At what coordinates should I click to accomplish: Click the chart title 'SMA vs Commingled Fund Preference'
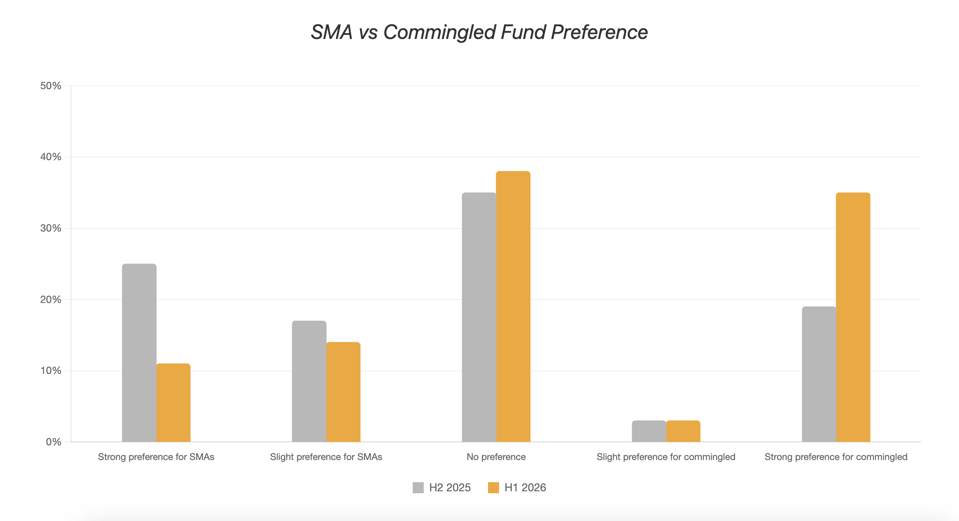pyautogui.click(x=479, y=32)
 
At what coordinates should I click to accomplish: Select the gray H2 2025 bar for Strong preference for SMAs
pyautogui.click(x=139, y=353)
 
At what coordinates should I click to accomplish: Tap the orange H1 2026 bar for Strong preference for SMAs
pyautogui.click(x=173, y=403)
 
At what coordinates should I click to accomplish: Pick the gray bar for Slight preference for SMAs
pyautogui.click(x=309, y=381)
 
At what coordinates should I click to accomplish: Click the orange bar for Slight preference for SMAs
pyautogui.click(x=343, y=392)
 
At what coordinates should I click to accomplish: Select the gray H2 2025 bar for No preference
pyautogui.click(x=479, y=317)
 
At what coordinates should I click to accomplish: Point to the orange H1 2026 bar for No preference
pyautogui.click(x=513, y=306)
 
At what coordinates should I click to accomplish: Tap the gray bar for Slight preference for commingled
pyautogui.click(x=649, y=431)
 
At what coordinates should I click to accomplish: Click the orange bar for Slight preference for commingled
pyautogui.click(x=683, y=431)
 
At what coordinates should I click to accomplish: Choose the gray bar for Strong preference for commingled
pyautogui.click(x=819, y=374)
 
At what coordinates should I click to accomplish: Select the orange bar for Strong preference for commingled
pyautogui.click(x=853, y=317)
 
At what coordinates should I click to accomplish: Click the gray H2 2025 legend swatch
pyautogui.click(x=418, y=487)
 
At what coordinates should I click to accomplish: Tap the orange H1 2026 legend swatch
pyautogui.click(x=493, y=487)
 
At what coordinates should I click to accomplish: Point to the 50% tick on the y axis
pyautogui.click(x=51, y=86)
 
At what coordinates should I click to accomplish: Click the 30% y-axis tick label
pyautogui.click(x=51, y=228)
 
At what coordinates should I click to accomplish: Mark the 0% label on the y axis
pyautogui.click(x=54, y=442)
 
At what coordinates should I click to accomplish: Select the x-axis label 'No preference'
pyautogui.click(x=496, y=457)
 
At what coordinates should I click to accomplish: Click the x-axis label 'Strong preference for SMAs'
pyautogui.click(x=156, y=457)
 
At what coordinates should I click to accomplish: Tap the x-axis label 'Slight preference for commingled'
pyautogui.click(x=666, y=457)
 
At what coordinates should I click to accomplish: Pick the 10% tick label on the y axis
pyautogui.click(x=51, y=370)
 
